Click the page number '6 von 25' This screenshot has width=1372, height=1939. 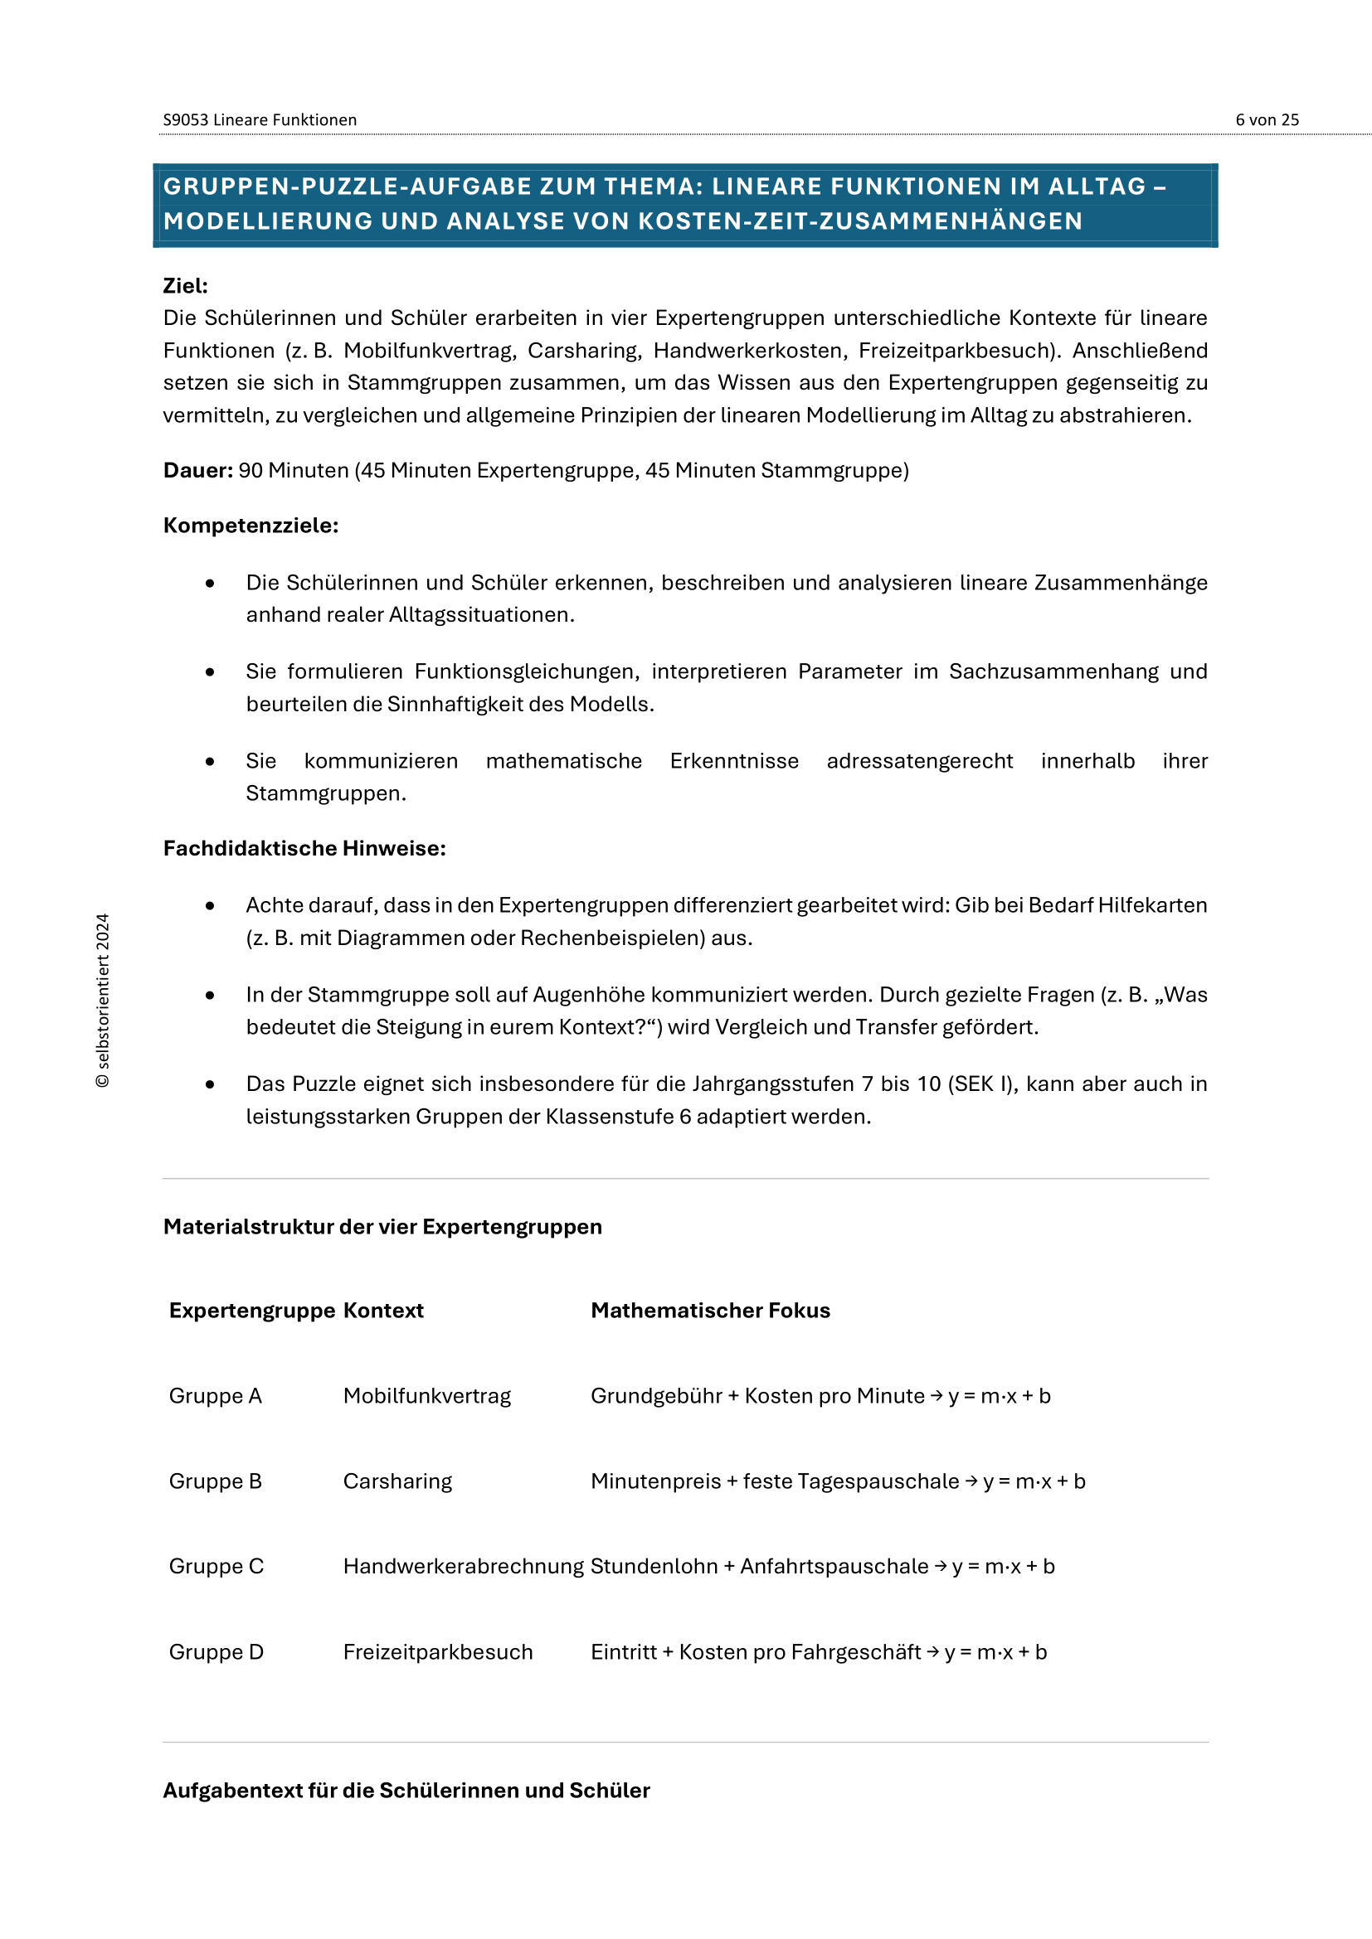coord(1267,120)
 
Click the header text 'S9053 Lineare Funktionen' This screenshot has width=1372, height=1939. coord(260,120)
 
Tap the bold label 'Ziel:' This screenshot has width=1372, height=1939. coord(185,285)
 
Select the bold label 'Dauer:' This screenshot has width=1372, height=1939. coord(197,470)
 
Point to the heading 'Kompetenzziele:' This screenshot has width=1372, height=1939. coord(250,526)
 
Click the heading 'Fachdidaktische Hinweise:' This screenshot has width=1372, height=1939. coord(304,848)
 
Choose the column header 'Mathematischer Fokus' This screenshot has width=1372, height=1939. coord(710,1310)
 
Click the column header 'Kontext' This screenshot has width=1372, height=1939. coord(382,1310)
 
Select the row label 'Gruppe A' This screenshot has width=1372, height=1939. coord(216,1396)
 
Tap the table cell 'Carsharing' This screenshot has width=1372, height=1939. coord(397,1481)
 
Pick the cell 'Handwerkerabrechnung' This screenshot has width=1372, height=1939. coord(463,1567)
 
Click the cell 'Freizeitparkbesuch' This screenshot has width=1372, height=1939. coord(438,1652)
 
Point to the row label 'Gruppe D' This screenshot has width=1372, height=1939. coord(217,1652)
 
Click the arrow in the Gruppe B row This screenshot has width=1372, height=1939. coord(971,1482)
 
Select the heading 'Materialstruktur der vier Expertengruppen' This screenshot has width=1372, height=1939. coord(382,1226)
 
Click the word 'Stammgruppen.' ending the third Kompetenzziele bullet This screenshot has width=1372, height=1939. coord(325,793)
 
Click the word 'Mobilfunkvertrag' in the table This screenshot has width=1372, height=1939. coord(426,1396)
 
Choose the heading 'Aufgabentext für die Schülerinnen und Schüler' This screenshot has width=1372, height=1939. coord(406,1791)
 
